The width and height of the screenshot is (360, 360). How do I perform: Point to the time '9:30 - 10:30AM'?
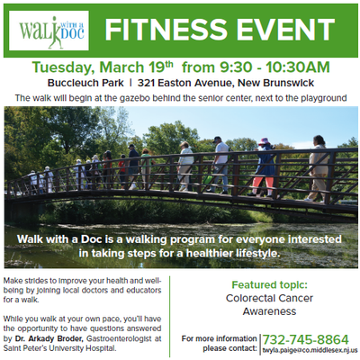(x=274, y=67)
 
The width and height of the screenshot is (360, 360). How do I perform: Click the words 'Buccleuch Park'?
(x=85, y=83)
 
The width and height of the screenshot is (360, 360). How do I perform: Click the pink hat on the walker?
(x=265, y=141)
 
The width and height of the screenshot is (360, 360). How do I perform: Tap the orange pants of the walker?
(x=263, y=184)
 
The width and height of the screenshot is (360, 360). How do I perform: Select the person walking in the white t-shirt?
(x=220, y=165)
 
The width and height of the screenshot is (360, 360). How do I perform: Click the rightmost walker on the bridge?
(x=317, y=168)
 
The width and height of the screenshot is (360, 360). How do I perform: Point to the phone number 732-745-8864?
(x=306, y=340)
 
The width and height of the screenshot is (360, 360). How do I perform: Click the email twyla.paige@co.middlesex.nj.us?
(x=310, y=350)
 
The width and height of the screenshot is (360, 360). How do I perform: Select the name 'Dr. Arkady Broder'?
(x=49, y=338)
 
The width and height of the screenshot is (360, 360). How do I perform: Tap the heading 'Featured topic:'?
(x=270, y=284)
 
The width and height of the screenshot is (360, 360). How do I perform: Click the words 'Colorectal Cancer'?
(x=269, y=298)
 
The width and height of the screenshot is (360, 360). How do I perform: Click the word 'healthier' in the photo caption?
(x=209, y=253)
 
